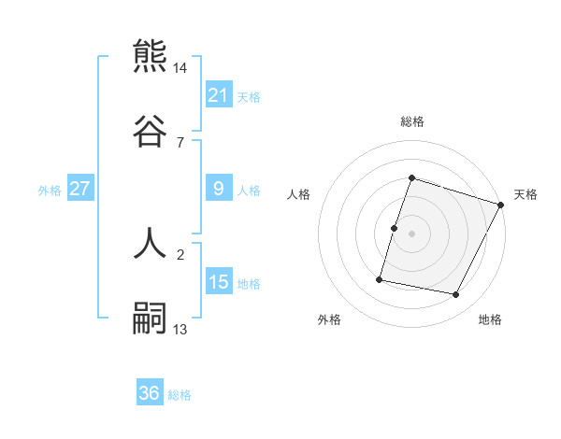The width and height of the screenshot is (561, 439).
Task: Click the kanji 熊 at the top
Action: pyautogui.click(x=151, y=56)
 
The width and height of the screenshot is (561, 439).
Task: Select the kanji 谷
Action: pyautogui.click(x=151, y=131)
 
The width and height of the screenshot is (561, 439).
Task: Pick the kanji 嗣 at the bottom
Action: pyautogui.click(x=151, y=318)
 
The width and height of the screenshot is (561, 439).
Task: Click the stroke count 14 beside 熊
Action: pyautogui.click(x=180, y=68)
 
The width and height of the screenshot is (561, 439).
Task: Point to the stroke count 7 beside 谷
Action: pyautogui.click(x=180, y=143)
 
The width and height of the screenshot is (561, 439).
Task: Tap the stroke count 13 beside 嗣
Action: pyautogui.click(x=180, y=330)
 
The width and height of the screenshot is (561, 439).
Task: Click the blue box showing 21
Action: pyautogui.click(x=219, y=95)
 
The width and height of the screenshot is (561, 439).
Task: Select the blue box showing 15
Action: pyautogui.click(x=219, y=283)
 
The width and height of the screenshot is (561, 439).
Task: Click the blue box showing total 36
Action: pyautogui.click(x=150, y=394)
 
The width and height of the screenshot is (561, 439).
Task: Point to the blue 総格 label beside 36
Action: pyautogui.click(x=180, y=395)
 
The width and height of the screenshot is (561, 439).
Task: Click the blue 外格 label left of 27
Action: pyautogui.click(x=50, y=191)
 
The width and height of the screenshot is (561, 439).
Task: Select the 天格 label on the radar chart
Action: pyautogui.click(x=525, y=194)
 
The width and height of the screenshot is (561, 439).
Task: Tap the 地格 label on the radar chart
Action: pyautogui.click(x=490, y=319)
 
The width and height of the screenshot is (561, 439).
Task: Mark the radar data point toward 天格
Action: pyautogui.click(x=502, y=205)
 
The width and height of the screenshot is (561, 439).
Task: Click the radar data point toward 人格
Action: pyautogui.click(x=395, y=228)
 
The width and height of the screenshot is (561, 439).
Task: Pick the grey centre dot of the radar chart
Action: pyautogui.click(x=412, y=234)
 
